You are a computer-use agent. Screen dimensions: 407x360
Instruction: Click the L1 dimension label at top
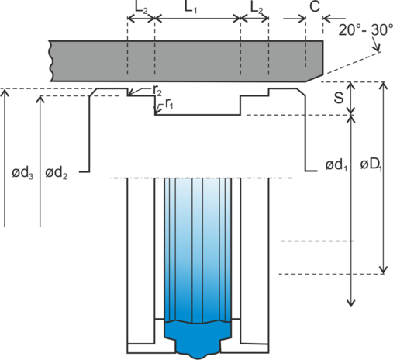point(191,7)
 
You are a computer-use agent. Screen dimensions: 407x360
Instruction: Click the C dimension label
point(315,6)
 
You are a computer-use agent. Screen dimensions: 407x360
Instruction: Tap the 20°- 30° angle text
point(366,29)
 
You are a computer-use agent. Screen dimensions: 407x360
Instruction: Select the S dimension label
point(339,98)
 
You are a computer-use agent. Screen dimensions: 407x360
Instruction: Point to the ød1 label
point(336,165)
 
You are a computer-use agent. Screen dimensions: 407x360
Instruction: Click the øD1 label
point(371,164)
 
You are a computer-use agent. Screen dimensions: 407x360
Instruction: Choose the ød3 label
point(22,173)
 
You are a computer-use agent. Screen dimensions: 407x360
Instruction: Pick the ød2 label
point(57,173)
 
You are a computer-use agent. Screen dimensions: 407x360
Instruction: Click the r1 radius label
point(169,104)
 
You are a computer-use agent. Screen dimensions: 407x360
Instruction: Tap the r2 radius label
point(157,91)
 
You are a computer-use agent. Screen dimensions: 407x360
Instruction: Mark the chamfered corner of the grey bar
point(314,78)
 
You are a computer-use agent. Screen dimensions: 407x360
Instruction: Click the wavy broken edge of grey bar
point(51,61)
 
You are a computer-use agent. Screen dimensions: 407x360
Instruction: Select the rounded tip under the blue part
point(198,356)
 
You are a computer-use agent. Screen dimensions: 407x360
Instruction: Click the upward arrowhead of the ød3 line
point(5,93)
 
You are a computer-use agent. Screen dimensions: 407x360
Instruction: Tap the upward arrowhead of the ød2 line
point(40,99)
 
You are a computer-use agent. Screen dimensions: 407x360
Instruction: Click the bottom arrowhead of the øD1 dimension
point(384,269)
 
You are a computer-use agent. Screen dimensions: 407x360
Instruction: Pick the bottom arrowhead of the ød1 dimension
point(351,303)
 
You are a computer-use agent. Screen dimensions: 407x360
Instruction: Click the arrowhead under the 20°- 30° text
point(377,48)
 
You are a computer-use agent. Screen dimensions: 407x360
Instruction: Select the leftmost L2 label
point(141,9)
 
